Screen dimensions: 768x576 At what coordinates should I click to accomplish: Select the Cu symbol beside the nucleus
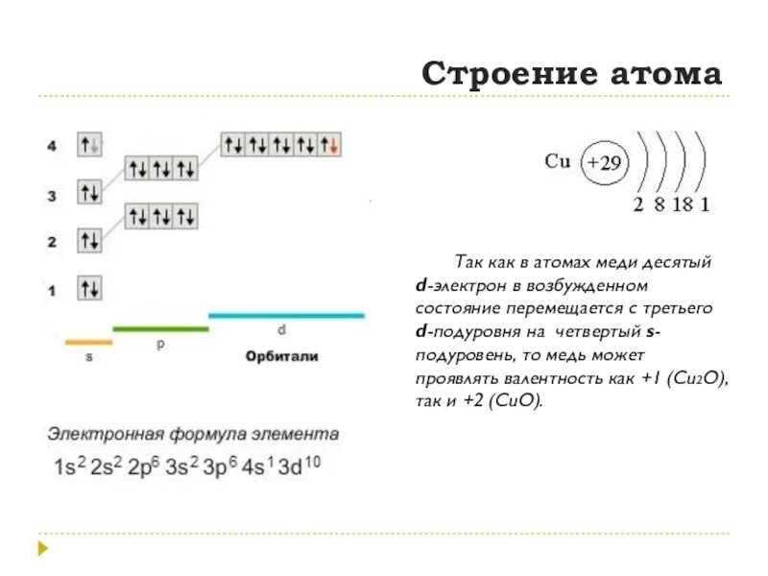pyautogui.click(x=558, y=161)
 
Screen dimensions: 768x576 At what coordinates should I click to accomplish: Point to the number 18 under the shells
pyautogui.click(x=681, y=204)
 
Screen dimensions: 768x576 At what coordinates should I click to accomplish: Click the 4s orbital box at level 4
pyautogui.click(x=90, y=146)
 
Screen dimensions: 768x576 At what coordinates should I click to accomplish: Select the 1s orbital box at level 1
pyautogui.click(x=90, y=287)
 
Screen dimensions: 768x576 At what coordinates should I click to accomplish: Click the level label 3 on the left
pyautogui.click(x=52, y=196)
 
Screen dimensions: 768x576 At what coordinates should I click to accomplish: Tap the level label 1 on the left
pyautogui.click(x=52, y=288)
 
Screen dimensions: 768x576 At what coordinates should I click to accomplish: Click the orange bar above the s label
pyautogui.click(x=88, y=342)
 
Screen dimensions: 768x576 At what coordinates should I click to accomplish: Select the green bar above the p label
pyautogui.click(x=160, y=329)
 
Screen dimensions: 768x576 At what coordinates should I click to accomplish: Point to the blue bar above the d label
pyautogui.click(x=286, y=315)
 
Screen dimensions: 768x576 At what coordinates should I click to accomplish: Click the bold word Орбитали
pyautogui.click(x=281, y=356)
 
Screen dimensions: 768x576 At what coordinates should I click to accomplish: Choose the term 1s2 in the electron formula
pyautogui.click(x=68, y=468)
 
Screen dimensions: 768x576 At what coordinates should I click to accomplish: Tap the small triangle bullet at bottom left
pyautogui.click(x=43, y=548)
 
